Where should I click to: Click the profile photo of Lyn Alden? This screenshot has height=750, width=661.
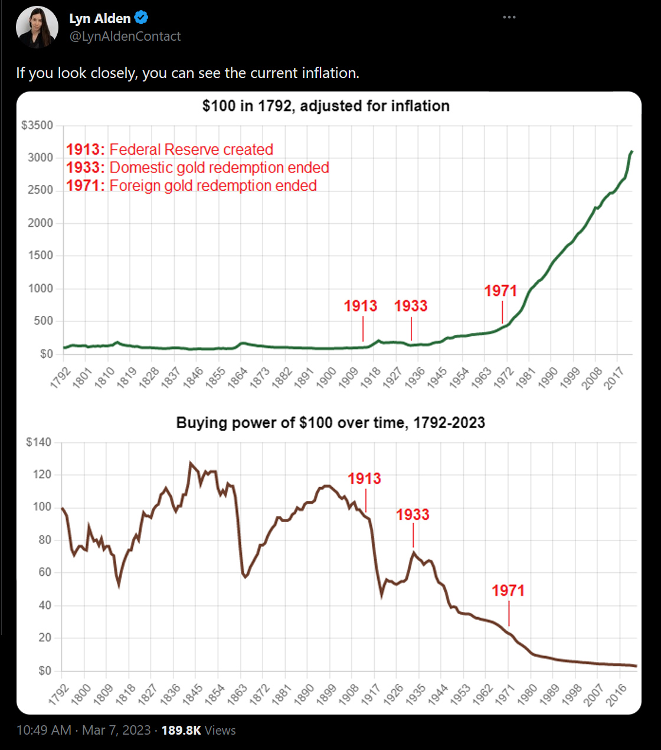(x=37, y=27)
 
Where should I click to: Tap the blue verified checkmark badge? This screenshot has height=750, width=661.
(x=142, y=18)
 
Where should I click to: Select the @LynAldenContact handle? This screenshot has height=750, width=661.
(x=125, y=37)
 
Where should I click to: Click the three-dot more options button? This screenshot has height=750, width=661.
(x=509, y=17)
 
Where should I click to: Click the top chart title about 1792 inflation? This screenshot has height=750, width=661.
(x=326, y=106)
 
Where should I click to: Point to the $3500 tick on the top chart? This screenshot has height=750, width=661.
(x=37, y=125)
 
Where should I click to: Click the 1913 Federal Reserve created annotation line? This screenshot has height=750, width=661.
(x=169, y=149)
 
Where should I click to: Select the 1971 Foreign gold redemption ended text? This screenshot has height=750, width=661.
(x=191, y=185)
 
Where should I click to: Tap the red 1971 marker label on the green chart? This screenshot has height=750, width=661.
(x=500, y=291)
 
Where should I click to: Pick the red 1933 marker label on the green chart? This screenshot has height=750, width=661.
(x=411, y=306)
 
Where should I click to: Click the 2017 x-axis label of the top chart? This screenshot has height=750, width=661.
(x=615, y=377)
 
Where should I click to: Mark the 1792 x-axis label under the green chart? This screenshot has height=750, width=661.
(x=60, y=377)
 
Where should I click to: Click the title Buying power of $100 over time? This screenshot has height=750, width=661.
(x=330, y=423)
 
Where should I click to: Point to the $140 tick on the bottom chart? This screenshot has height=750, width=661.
(x=39, y=442)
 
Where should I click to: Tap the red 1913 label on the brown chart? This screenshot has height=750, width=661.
(x=364, y=478)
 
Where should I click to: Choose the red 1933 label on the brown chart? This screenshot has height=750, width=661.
(x=413, y=514)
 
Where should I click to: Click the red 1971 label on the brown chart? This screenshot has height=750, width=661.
(x=508, y=590)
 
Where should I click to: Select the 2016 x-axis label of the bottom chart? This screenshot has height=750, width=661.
(x=617, y=694)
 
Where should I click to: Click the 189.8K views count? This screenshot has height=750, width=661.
(x=181, y=731)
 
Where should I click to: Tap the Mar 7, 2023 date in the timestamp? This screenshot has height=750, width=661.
(x=116, y=731)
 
